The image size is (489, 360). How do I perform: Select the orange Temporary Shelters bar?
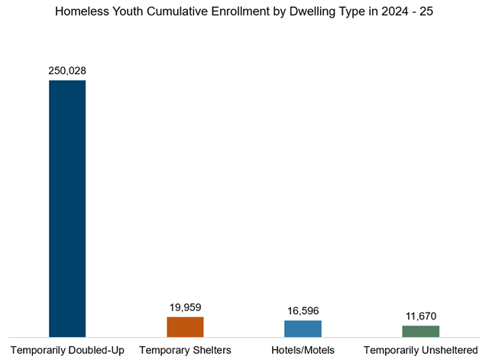pyautogui.click(x=185, y=326)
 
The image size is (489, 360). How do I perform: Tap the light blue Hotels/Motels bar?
pyautogui.click(x=303, y=329)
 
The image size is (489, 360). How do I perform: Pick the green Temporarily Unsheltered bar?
pyautogui.click(x=421, y=331)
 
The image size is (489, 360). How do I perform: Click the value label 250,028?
pyautogui.click(x=67, y=70)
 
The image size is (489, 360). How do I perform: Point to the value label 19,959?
pyautogui.click(x=185, y=307)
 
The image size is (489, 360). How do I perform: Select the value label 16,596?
pyautogui.click(x=303, y=310)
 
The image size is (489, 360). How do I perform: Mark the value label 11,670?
pyautogui.click(x=421, y=316)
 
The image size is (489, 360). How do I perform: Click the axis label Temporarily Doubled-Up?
pyautogui.click(x=67, y=350)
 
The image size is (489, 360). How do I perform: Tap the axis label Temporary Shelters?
pyautogui.click(x=185, y=350)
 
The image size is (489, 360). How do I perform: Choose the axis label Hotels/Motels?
pyautogui.click(x=303, y=350)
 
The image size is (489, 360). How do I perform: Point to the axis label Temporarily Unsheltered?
pyautogui.click(x=421, y=350)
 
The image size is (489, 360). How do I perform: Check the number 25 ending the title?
pyautogui.click(x=425, y=14)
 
